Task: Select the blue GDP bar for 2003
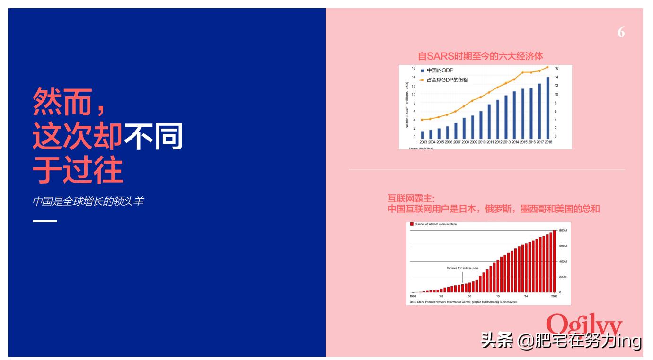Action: click(x=423, y=135)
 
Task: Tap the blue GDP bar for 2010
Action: click(x=481, y=124)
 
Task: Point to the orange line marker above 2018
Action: click(x=547, y=67)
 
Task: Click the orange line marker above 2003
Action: click(x=422, y=120)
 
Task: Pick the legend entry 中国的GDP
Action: click(x=437, y=70)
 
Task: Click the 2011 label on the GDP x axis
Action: click(x=490, y=142)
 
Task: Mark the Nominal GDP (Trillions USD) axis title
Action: click(x=406, y=105)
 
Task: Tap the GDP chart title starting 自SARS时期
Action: click(x=480, y=56)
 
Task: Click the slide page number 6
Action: click(x=621, y=33)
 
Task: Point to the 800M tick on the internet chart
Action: click(x=563, y=230)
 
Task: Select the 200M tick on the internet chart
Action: click(x=563, y=277)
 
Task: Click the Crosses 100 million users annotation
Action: click(x=462, y=268)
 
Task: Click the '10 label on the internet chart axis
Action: click(x=497, y=296)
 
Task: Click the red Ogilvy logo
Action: click(x=584, y=324)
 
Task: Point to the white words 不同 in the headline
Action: click(x=153, y=137)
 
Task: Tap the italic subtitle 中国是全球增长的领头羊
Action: click(x=88, y=202)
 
